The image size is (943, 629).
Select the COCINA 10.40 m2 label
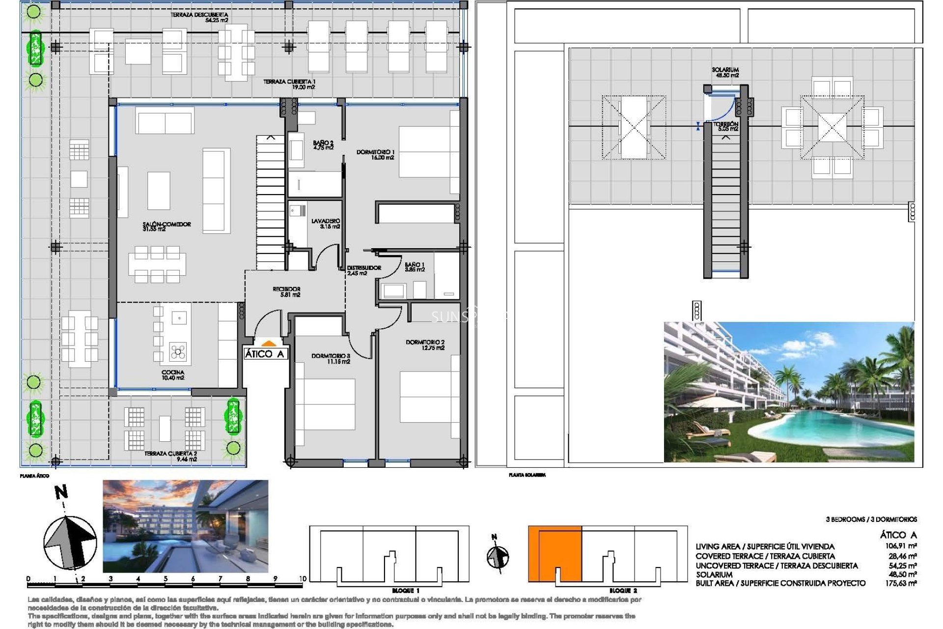[x=173, y=375]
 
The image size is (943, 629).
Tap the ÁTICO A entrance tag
[x=265, y=354]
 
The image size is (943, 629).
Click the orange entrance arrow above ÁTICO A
[x=267, y=344]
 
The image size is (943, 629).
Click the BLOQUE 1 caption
[x=406, y=591]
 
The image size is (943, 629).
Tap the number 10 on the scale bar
[x=303, y=579]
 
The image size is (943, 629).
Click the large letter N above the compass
[x=61, y=492]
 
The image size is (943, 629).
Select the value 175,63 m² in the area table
[x=900, y=583]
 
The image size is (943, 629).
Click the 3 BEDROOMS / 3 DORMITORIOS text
[x=871, y=519]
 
